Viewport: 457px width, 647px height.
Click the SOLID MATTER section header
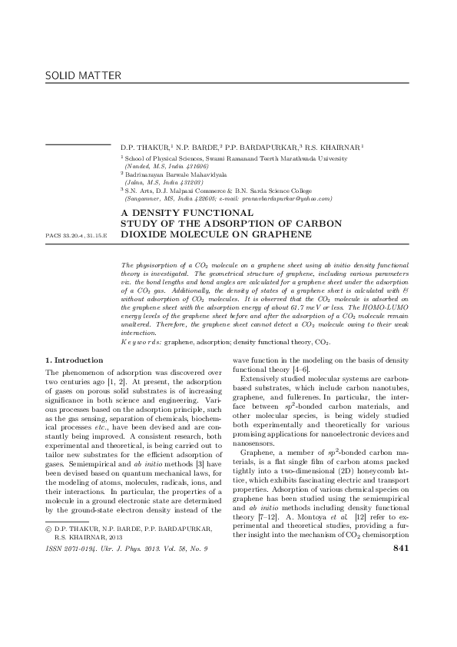click(74, 77)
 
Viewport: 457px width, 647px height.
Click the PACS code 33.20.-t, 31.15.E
click(76, 232)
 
